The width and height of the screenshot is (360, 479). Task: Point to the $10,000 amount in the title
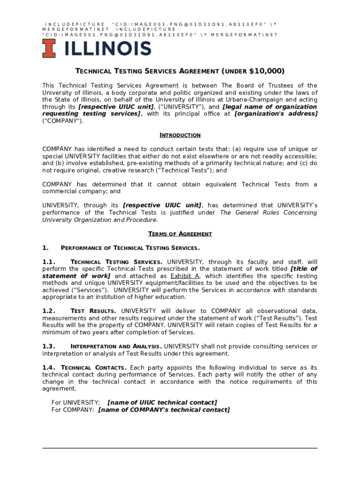(266, 71)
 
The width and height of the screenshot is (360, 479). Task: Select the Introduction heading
(180, 135)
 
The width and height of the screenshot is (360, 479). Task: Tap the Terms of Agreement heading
(180, 234)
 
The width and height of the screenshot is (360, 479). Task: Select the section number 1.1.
(49, 262)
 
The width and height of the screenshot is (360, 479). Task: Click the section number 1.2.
(49, 311)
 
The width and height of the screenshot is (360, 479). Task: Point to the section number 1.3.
(49, 347)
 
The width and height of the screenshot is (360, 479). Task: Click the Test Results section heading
(94, 311)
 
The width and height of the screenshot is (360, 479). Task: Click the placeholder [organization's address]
(275, 114)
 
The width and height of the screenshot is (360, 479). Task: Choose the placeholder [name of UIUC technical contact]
(162, 403)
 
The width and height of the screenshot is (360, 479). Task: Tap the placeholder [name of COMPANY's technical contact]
(164, 410)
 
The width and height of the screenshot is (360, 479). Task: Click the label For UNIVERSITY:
(75, 403)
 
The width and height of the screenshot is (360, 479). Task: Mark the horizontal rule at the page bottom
(180, 448)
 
